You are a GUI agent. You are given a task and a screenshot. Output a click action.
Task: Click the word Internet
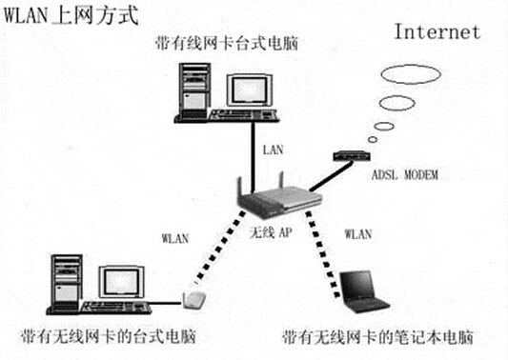[437, 32]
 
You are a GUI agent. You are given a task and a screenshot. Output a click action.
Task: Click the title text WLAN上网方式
[71, 15]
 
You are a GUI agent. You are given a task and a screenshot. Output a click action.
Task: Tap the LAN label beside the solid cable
[273, 150]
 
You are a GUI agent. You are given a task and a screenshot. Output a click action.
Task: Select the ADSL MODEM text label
[405, 175]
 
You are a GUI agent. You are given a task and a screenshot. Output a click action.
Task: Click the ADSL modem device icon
[352, 156]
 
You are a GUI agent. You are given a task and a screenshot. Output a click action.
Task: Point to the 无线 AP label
[271, 232]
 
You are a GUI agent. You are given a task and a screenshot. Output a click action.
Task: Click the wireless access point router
[278, 198]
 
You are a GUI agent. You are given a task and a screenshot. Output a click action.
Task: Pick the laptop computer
[363, 291]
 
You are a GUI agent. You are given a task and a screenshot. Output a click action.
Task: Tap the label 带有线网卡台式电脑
[227, 43]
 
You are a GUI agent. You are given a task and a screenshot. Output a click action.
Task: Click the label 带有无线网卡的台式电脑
[109, 337]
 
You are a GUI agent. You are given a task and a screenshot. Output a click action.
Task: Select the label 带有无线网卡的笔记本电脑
[377, 337]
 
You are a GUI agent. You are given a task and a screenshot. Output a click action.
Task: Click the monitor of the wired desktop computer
[249, 90]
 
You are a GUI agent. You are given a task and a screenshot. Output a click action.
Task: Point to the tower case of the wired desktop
[194, 90]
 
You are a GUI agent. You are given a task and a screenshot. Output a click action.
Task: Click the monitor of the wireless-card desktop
[121, 282]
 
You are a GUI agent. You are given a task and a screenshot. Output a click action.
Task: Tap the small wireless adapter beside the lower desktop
[194, 300]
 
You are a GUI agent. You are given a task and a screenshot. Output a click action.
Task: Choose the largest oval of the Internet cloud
[411, 74]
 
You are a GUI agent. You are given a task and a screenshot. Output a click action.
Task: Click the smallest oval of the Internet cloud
[373, 140]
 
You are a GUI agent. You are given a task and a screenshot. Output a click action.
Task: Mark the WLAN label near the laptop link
[358, 233]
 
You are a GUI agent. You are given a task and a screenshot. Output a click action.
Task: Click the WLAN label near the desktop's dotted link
[175, 238]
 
